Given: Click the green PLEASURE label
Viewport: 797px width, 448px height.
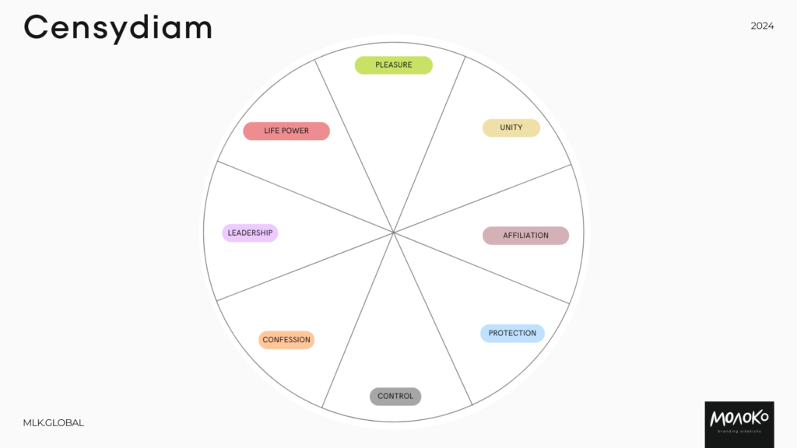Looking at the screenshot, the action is tap(393, 65).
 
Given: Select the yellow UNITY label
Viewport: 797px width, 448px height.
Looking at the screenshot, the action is tap(511, 128).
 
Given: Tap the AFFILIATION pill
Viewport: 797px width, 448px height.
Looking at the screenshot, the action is tap(525, 236).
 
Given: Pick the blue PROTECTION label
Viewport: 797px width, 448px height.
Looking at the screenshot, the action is tap(512, 333).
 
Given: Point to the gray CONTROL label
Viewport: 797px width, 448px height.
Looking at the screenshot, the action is tap(395, 396).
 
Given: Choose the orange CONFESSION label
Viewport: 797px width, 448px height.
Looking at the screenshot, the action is tap(286, 340).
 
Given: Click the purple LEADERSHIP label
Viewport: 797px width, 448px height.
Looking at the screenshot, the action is tap(250, 233).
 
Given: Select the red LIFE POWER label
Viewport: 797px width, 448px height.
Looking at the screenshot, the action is tap(286, 131).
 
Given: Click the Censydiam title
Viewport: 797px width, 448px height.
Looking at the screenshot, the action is tap(118, 28).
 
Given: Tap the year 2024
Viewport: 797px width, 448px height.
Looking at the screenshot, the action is tap(762, 26).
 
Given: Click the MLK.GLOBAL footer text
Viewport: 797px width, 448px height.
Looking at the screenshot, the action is tap(54, 422).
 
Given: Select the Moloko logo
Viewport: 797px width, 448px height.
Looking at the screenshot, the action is tap(739, 425).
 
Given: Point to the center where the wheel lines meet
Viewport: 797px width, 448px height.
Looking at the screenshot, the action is tap(393, 232).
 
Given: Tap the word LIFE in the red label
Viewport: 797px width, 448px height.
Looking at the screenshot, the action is tap(270, 131).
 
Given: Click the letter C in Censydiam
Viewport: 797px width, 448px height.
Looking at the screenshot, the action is tap(35, 27).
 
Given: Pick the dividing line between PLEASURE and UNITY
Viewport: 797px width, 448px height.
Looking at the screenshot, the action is tap(430, 144).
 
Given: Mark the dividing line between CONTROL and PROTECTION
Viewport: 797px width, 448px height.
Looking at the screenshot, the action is tap(433, 318).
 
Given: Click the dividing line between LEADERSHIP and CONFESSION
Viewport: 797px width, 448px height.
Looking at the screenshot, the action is tap(305, 267).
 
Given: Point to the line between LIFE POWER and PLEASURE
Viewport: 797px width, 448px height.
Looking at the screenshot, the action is tap(354, 145).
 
